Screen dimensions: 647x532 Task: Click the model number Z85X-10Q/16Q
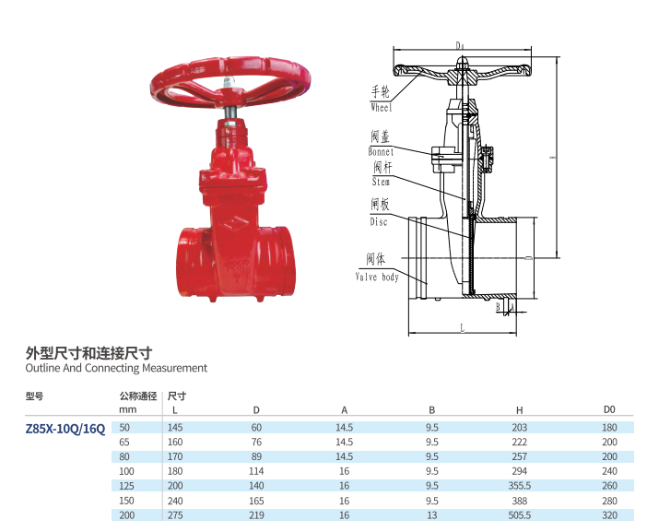65,429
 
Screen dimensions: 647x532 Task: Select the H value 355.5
519,486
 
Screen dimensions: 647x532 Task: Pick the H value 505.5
519,515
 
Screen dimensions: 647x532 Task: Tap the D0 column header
609,409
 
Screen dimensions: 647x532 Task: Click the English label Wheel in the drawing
382,107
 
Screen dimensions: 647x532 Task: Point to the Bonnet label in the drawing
381,152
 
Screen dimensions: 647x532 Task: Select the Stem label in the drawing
381,182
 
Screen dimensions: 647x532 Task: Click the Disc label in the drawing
379,222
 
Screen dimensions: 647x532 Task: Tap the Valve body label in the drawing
377,277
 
